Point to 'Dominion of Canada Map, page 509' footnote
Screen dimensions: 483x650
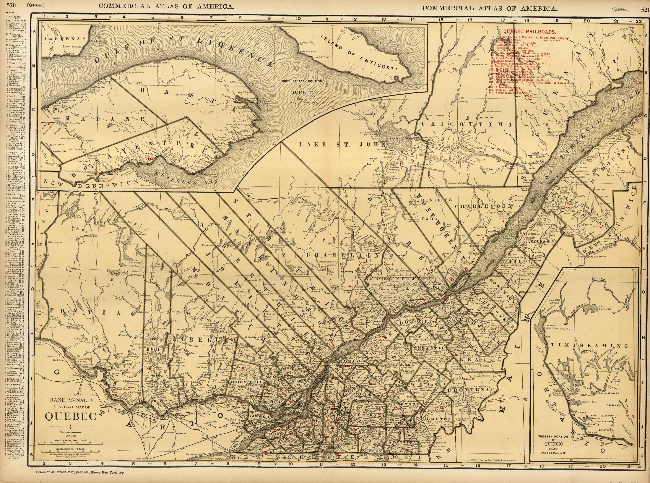79,480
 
